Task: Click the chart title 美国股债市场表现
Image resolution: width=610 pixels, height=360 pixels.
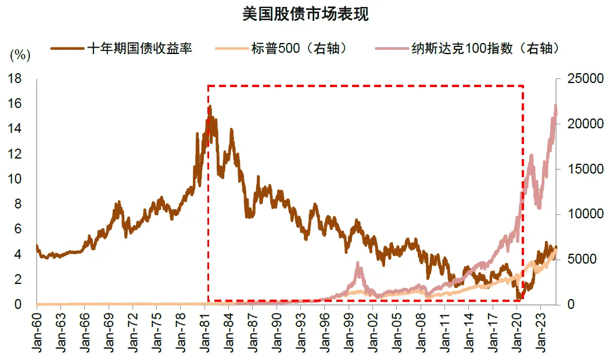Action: click(x=305, y=15)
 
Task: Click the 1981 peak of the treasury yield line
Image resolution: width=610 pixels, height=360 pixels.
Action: click(x=210, y=107)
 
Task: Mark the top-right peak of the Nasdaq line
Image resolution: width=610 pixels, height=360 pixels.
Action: click(x=555, y=106)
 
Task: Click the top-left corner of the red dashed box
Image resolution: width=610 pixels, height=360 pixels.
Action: click(x=208, y=86)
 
